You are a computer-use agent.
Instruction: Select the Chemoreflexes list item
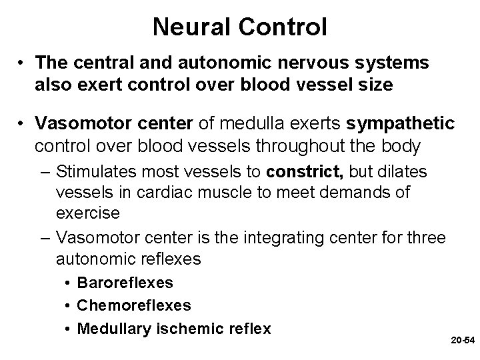[133, 305]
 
